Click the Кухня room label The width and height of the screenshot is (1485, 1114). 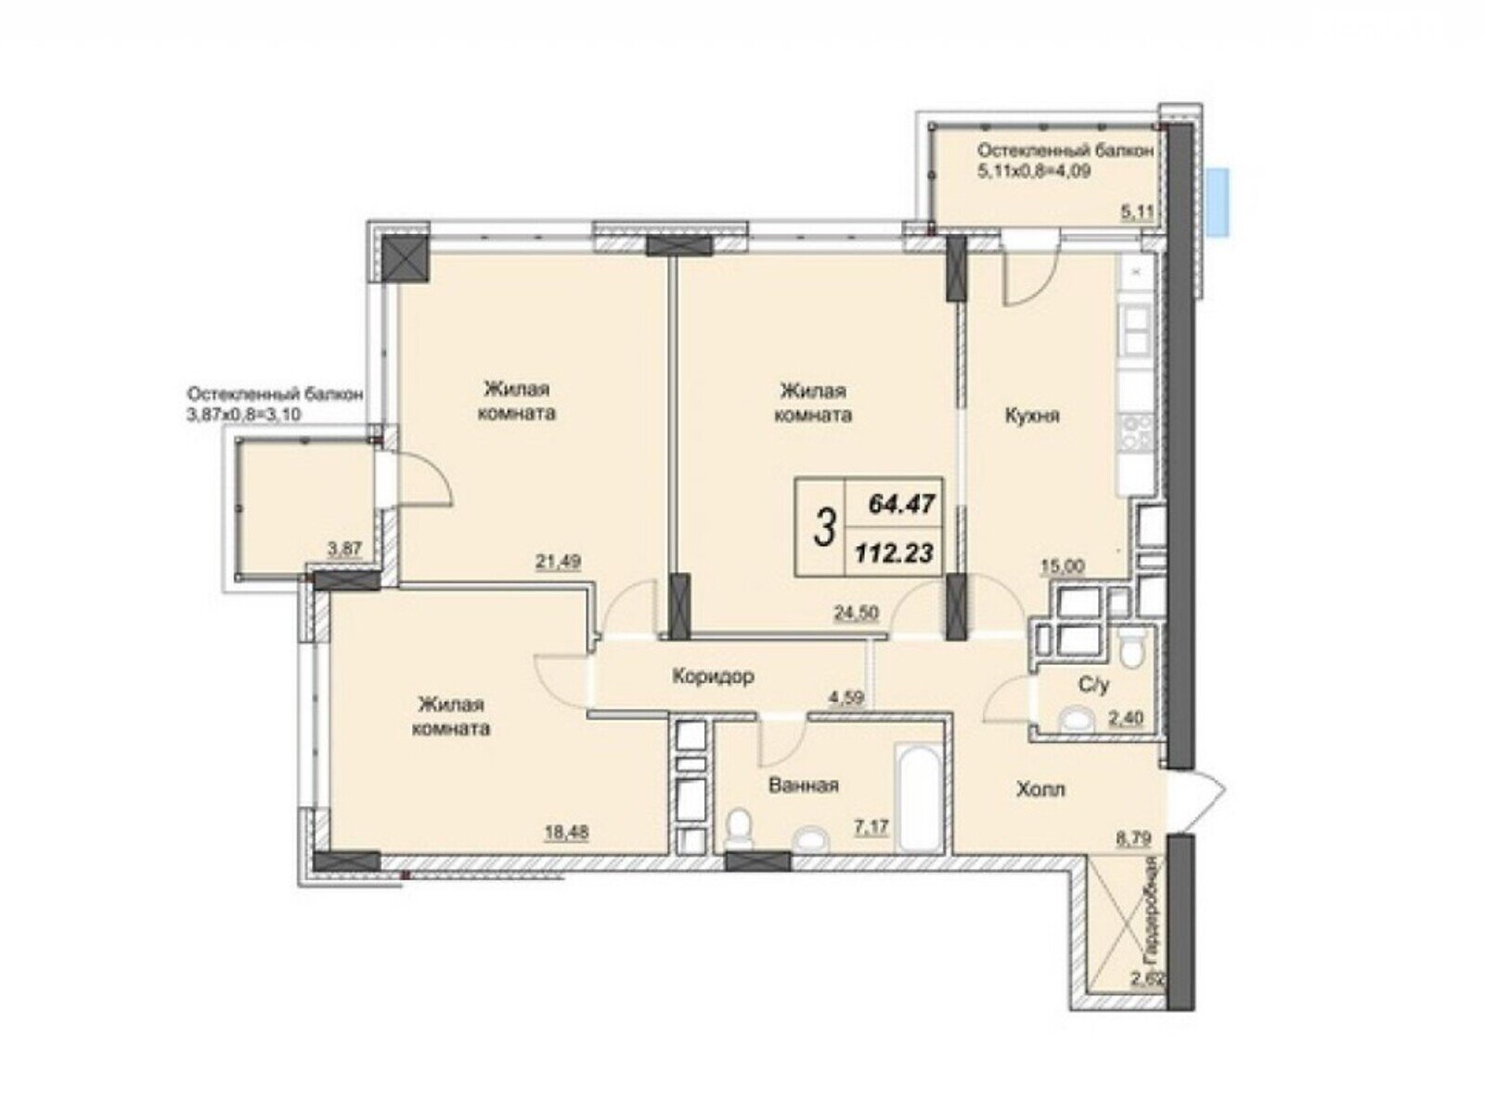point(1032,415)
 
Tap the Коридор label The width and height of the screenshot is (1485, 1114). point(713,676)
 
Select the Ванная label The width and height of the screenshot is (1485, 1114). point(804,785)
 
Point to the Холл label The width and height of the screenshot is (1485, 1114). point(1040,789)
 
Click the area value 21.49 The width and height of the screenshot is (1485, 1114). point(558,562)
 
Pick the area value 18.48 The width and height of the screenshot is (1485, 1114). point(567,832)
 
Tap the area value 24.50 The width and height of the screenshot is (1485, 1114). point(856,613)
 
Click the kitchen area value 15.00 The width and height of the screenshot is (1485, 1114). point(1062,565)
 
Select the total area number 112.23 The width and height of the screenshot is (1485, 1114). point(894,554)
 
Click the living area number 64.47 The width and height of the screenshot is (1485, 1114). point(901,504)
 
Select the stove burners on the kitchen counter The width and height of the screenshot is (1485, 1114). point(1137,433)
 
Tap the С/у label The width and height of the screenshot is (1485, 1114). point(1094,685)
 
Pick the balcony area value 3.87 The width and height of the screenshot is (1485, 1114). point(344,549)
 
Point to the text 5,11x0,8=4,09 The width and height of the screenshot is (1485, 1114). point(1033,171)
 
